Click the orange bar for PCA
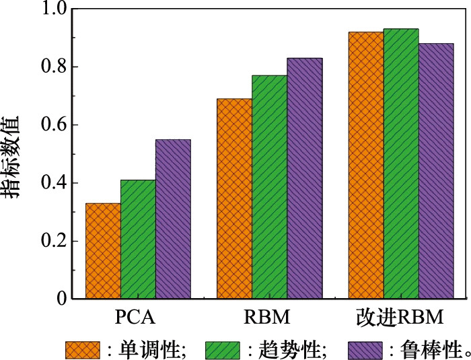103,251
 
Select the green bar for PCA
138,240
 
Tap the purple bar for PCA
173,219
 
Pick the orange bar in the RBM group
234,199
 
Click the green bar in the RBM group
269,187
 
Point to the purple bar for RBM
304,178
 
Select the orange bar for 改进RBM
366,166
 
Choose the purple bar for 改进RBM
436,171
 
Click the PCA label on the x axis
138,317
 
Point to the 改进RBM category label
401,317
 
